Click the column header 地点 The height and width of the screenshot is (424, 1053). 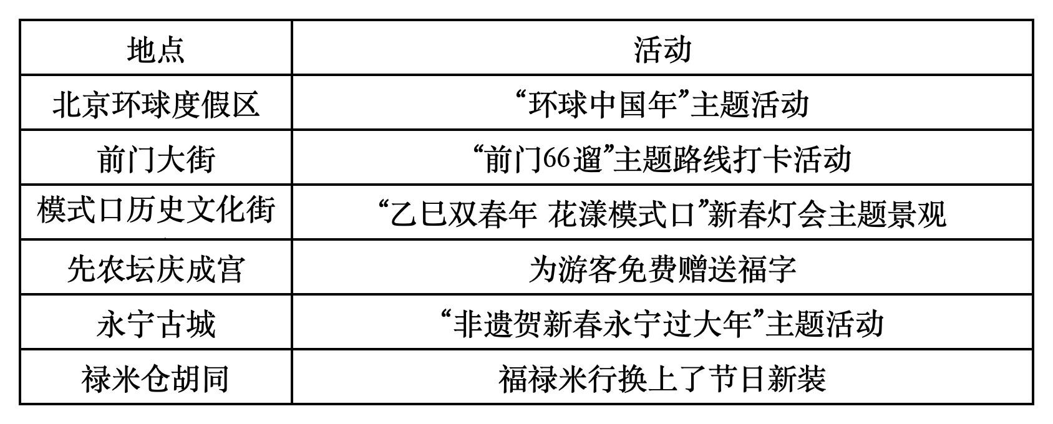tap(156, 49)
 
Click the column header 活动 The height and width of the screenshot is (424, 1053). tap(662, 49)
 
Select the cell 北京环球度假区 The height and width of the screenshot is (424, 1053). tap(156, 104)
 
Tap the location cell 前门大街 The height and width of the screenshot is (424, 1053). tap(156, 158)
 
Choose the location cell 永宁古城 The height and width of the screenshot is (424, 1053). tap(156, 324)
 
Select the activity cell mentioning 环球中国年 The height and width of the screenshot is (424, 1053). tap(662, 104)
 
